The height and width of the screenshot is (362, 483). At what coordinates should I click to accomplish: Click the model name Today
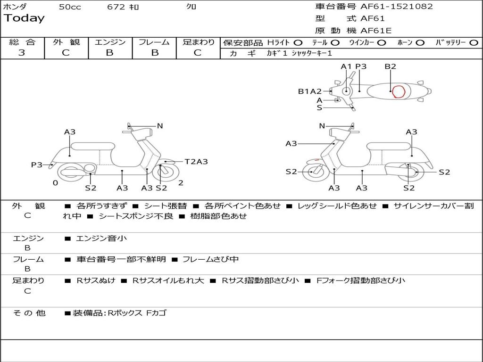[x=24, y=18]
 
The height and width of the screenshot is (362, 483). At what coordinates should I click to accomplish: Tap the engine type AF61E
[x=376, y=31]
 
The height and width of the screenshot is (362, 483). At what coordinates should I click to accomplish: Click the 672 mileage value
[x=116, y=7]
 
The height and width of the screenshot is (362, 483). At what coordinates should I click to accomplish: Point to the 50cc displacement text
[x=69, y=7]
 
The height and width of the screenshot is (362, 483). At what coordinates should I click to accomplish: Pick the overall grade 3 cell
[x=22, y=53]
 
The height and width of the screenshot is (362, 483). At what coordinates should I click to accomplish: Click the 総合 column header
[x=22, y=42]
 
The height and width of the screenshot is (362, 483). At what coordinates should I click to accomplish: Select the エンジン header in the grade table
[x=110, y=42]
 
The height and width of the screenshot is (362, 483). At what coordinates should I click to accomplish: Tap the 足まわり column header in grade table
[x=198, y=42]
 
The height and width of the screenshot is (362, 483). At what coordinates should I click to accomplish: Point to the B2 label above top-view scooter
[x=390, y=66]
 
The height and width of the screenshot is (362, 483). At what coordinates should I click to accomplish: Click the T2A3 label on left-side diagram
[x=196, y=162]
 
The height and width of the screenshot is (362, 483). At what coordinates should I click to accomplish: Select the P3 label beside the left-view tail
[x=37, y=165]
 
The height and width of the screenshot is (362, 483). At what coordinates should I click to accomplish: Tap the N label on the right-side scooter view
[x=322, y=126]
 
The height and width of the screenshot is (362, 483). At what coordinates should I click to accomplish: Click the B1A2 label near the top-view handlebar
[x=309, y=91]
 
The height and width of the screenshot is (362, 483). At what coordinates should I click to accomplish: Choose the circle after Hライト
[x=298, y=43]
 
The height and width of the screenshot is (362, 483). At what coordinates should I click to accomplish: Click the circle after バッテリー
[x=474, y=43]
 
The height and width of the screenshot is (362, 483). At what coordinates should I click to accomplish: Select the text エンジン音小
[x=101, y=239]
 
